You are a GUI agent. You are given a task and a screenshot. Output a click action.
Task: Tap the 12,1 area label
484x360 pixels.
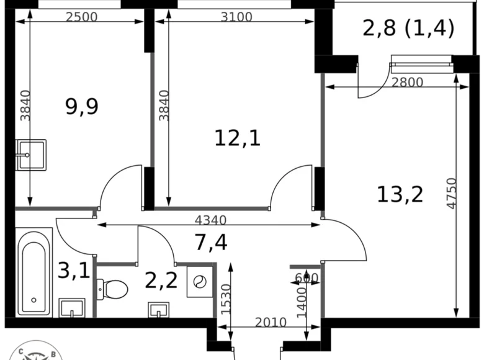pos(237,138)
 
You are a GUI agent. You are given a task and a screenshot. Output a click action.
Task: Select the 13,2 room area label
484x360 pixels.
pos(400,194)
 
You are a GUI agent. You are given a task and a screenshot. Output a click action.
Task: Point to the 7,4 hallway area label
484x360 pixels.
pos(211,242)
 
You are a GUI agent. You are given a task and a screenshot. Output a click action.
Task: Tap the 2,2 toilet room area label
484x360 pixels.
pos(161,281)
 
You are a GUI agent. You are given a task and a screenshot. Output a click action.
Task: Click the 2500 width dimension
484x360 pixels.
pos(81,17)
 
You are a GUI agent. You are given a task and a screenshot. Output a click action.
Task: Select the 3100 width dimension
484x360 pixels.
pos(236,17)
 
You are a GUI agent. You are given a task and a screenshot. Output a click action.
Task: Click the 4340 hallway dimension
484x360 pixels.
pos(210,220)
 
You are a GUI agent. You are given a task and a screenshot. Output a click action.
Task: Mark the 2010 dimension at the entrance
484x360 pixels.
pos(271,322)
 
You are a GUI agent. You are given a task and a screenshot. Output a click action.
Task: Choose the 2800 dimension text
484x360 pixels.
pos(407,81)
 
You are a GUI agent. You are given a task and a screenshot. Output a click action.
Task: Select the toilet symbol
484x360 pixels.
pos(113,288)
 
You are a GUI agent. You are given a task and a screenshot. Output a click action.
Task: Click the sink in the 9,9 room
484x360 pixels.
pos(30,153)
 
